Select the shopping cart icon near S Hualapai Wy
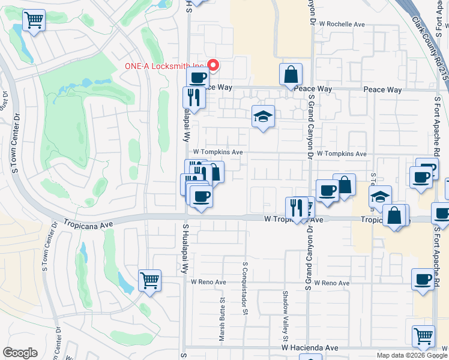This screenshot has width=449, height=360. pyautogui.click(x=149, y=280)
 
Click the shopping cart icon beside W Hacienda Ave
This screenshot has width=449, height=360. pyautogui.click(x=424, y=336)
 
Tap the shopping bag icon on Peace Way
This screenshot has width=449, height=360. pyautogui.click(x=291, y=75)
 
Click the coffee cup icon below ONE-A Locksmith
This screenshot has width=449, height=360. pyautogui.click(x=197, y=77)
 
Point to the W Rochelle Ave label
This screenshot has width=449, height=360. pyautogui.click(x=342, y=24)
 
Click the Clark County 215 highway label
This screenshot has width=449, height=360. pyautogui.click(x=431, y=45)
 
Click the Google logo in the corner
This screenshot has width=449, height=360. pyautogui.click(x=20, y=353)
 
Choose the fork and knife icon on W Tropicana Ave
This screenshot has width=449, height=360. pyautogui.click(x=297, y=208)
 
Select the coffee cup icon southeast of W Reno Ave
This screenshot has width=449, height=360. pyautogui.click(x=423, y=279)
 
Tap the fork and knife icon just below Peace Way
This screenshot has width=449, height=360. pyautogui.click(x=194, y=97)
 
